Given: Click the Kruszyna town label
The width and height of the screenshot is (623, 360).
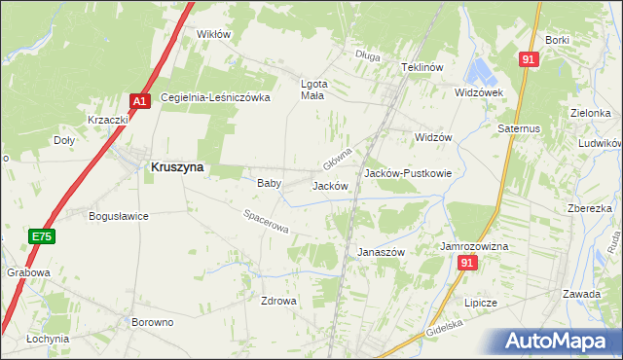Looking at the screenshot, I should coord(177,167).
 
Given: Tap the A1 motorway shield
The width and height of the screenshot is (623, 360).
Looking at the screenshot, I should coord(139,100).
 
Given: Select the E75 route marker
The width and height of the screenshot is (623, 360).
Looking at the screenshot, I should coord(40,236).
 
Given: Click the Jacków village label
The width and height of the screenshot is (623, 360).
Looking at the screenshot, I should coord(330,186).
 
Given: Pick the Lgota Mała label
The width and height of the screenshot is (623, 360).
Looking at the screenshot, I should coord(312,90).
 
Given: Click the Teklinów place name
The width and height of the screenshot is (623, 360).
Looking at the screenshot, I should coord(422,67).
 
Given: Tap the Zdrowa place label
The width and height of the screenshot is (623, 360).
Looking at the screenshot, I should coord(277,301).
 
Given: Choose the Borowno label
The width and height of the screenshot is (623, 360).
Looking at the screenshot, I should coord(151,320).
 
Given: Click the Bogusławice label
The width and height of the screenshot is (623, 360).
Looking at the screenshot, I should coord(118,216).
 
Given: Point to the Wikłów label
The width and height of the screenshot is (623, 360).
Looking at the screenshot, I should coord(213,34).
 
